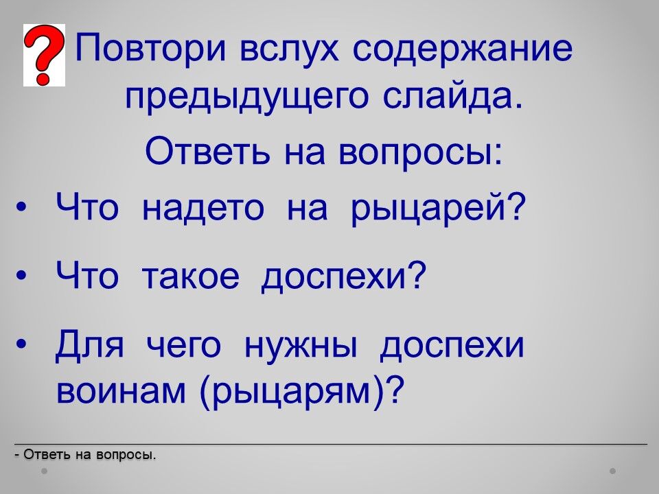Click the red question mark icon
tap(44, 55)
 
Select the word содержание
tap(462, 49)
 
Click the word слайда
tap(454, 97)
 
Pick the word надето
tap(203, 207)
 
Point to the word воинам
tap(121, 390)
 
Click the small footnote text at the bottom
tap(85, 454)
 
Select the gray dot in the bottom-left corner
tap(45, 471)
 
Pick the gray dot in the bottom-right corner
tap(613, 471)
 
